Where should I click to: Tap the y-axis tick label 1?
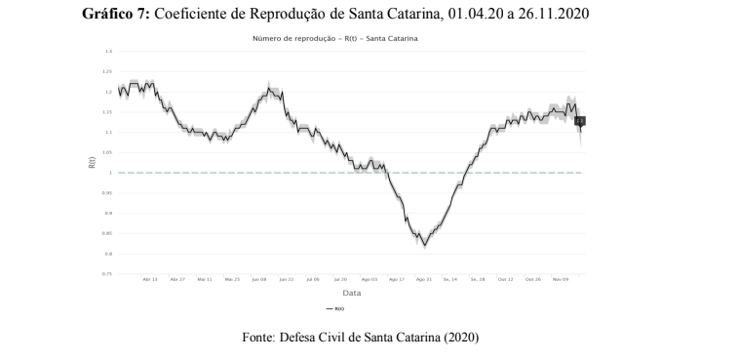(110, 173)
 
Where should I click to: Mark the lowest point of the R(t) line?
(423, 244)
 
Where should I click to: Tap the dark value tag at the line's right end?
(579, 121)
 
